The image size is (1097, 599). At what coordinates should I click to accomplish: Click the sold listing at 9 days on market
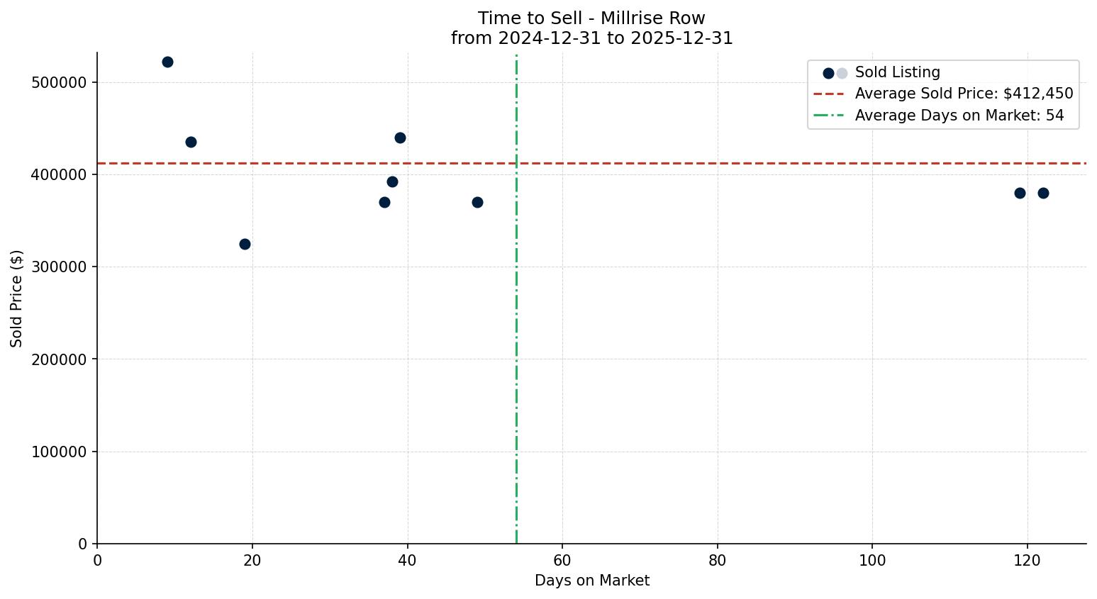167,62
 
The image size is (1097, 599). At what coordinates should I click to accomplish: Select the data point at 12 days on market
191,142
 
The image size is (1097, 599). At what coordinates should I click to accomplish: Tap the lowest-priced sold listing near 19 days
245,245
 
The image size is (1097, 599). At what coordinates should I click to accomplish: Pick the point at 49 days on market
477,203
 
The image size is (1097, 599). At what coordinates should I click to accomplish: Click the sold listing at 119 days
1020,194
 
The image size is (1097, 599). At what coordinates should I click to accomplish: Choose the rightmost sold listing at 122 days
1043,194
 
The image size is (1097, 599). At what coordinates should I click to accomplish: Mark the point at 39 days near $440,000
400,138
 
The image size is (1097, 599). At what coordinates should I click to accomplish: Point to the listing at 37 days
384,203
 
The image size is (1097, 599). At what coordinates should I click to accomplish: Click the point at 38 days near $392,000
392,182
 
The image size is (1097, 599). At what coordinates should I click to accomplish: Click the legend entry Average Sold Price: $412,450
964,94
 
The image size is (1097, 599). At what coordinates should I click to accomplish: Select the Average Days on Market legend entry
959,116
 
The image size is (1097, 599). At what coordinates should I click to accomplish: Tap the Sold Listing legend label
897,72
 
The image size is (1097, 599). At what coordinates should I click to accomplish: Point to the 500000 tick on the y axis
60,83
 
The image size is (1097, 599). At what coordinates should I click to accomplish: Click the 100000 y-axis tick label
60,452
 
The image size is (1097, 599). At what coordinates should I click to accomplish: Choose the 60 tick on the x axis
562,561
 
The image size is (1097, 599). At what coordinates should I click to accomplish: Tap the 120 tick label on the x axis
1027,561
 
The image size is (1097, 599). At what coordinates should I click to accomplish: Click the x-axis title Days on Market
591,581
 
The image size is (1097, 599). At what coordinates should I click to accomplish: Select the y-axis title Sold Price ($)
17,298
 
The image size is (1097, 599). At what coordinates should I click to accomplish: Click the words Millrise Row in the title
652,18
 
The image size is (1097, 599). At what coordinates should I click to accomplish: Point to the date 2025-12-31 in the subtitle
681,38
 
